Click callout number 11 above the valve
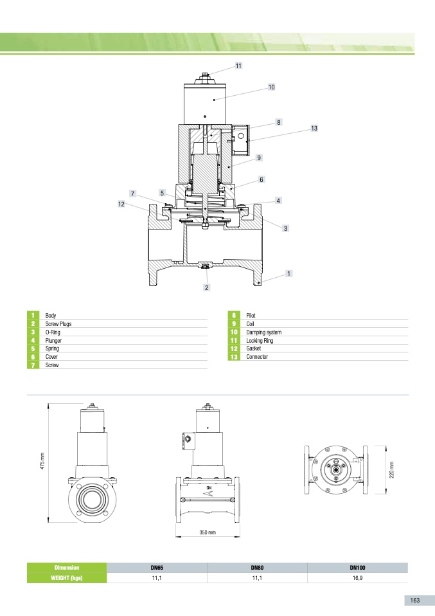click(x=238, y=66)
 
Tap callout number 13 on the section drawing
click(x=314, y=128)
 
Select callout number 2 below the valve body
click(x=207, y=287)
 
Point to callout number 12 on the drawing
click(x=121, y=204)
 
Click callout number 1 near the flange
click(x=289, y=273)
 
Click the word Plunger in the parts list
click(x=53, y=341)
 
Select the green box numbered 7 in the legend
click(x=33, y=365)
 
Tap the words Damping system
click(x=264, y=332)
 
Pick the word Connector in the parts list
click(x=257, y=357)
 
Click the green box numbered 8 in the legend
click(x=234, y=315)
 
